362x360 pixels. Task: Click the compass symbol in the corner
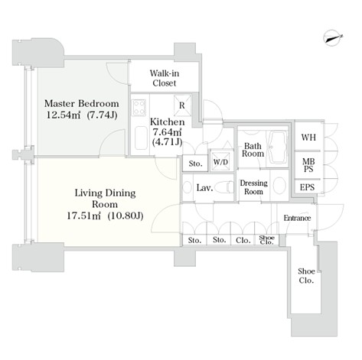coord(334,38)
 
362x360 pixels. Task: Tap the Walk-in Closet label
coord(165,78)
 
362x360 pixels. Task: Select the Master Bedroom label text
coord(82,104)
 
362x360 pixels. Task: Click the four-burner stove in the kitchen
coord(139,107)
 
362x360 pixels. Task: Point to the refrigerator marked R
coord(182,105)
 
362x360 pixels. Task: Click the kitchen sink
coord(141,138)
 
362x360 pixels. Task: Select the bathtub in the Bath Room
coord(277,148)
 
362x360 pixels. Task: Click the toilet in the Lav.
coord(224,188)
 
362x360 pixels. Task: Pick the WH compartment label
coord(308,138)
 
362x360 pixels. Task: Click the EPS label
coord(308,187)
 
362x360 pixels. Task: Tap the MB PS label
coord(308,165)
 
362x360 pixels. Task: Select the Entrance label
coord(297,218)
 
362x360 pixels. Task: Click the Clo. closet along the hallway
coord(243,240)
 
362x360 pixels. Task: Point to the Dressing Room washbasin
coord(279,186)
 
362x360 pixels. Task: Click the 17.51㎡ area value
coord(83,216)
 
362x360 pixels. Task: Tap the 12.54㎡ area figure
coord(64,115)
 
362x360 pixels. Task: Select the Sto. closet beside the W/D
coord(195,164)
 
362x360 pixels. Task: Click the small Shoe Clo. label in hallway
coord(266,240)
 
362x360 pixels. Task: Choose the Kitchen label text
coord(167,122)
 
